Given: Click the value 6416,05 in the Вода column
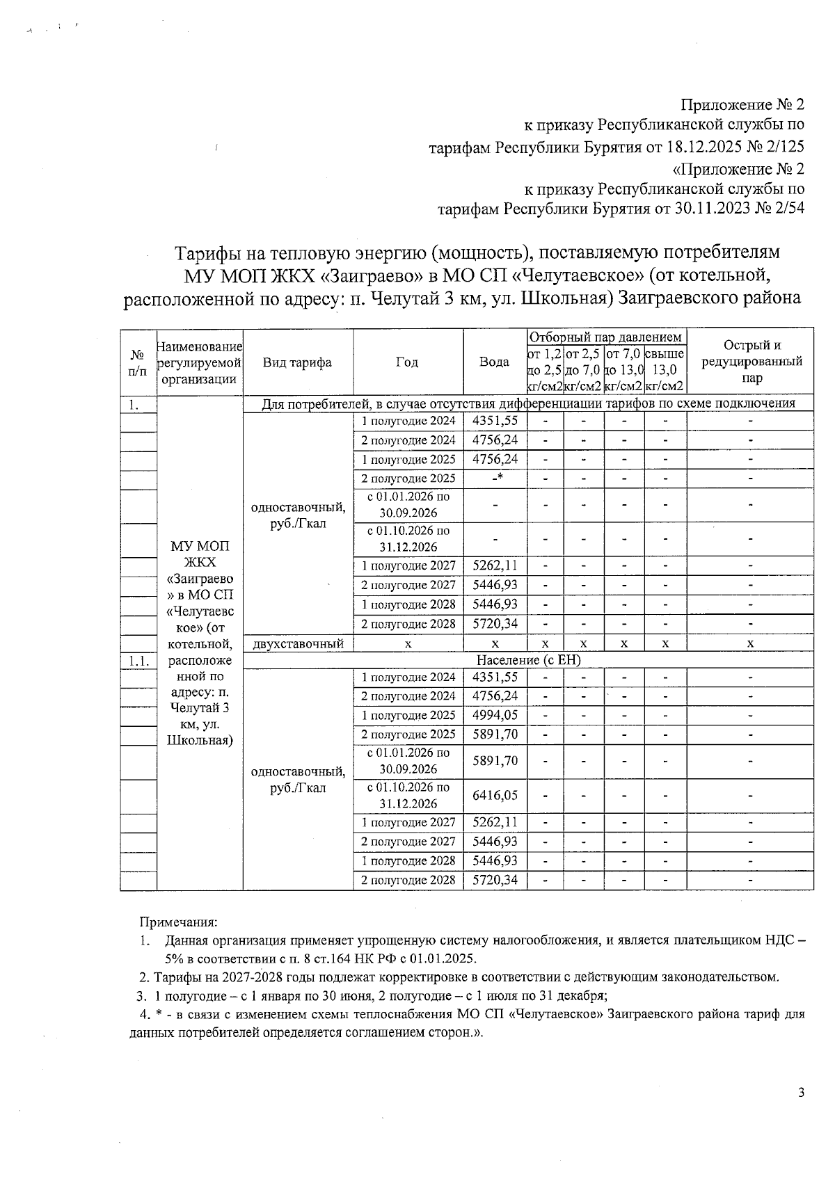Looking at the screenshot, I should [x=495, y=795].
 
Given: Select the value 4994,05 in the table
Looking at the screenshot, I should [x=495, y=715].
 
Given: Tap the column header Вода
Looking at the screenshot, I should [x=494, y=362].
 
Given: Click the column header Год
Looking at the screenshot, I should [x=407, y=362].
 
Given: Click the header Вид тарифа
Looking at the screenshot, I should [x=297, y=362].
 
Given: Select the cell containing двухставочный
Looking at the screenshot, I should [x=298, y=643].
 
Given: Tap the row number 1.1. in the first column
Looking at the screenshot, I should [x=137, y=660].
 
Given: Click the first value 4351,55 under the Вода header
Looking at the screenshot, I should [x=495, y=420].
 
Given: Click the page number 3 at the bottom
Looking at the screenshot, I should [x=801, y=1093].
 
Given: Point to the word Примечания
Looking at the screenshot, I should [x=179, y=922].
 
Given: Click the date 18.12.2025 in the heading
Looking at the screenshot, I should [x=704, y=147].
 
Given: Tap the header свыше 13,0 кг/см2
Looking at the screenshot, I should [x=665, y=370].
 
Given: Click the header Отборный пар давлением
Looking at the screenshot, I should [x=607, y=337].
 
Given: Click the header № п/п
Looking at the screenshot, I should [x=137, y=362].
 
